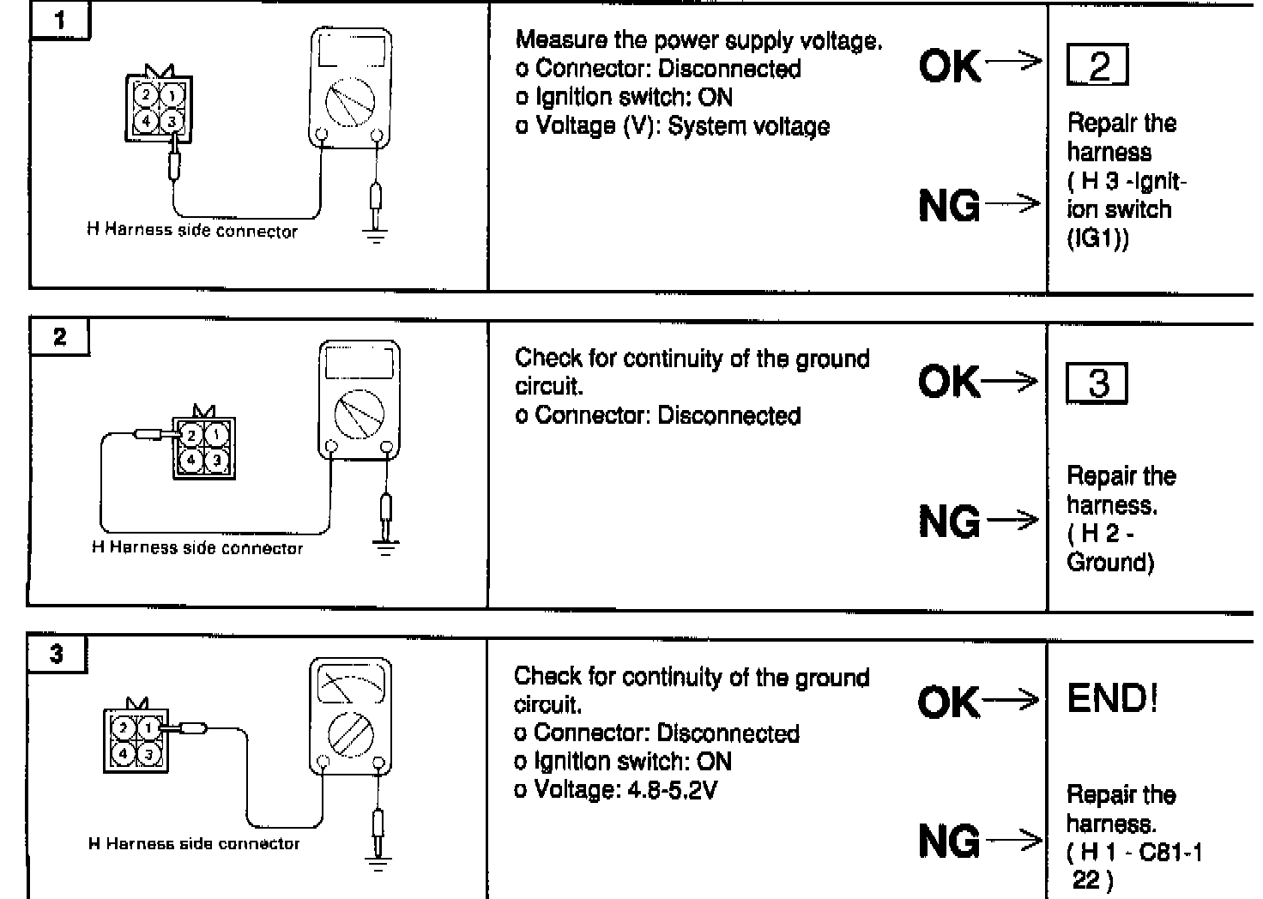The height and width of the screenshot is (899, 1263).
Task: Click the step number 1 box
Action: coord(59,21)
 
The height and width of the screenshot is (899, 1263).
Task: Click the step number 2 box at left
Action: coord(59,337)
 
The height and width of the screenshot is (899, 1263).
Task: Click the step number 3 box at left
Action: coord(57,655)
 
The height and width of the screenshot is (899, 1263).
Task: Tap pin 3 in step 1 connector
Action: coord(172,122)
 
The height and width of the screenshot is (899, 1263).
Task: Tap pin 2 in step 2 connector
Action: coord(192,437)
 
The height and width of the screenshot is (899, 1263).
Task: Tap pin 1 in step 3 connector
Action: coord(149,729)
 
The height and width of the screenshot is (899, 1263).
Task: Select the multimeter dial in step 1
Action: coord(349,103)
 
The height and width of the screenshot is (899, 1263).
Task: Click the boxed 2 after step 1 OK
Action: coord(1097,66)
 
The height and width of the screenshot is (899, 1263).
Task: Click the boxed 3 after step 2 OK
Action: coord(1097,383)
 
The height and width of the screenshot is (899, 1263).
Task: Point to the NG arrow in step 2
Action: coord(1012,520)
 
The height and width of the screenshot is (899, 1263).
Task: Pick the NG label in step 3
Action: coord(948,842)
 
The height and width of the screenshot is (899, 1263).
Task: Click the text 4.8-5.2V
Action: coord(667,789)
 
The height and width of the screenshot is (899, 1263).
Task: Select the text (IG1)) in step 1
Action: coord(1098,238)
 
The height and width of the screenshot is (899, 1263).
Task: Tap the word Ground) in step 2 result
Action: coord(1110,562)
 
